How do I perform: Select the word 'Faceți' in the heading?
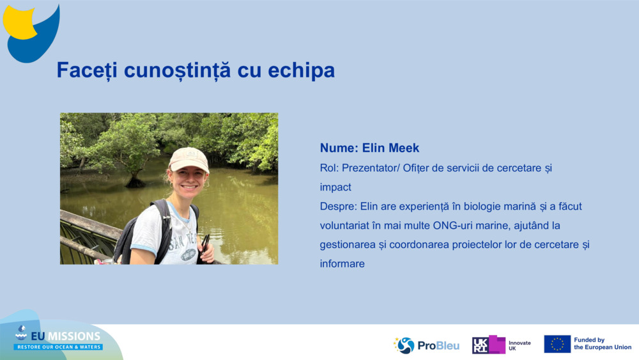[x=86, y=70]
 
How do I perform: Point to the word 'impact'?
[x=335, y=187]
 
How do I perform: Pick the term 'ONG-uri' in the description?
[x=452, y=226]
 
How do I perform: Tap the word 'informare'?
[x=343, y=263]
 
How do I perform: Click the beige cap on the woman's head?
[x=189, y=159]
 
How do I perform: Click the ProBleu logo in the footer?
[x=426, y=345]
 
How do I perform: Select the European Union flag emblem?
[x=557, y=344]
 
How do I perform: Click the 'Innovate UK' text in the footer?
[x=519, y=345]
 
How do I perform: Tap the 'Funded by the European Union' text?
[x=602, y=344]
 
